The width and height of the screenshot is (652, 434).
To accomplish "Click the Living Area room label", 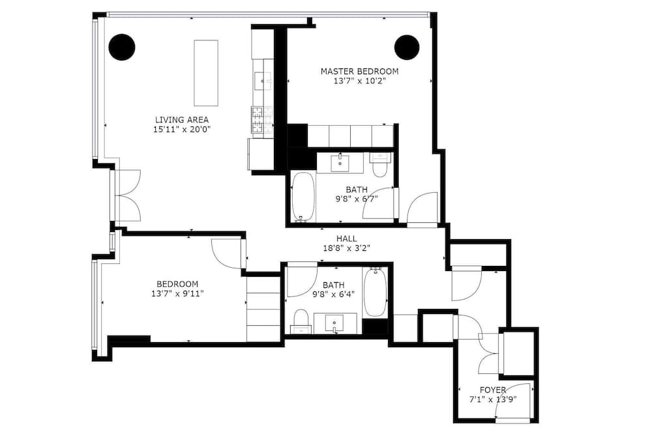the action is pos(182,120).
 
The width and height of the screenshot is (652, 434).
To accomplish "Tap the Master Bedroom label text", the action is pos(359,72).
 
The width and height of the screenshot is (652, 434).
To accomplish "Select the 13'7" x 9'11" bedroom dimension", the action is pos(177,294).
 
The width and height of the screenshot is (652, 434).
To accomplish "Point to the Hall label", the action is pos(346,239).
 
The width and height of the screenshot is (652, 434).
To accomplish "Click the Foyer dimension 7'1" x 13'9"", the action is pos(493,399).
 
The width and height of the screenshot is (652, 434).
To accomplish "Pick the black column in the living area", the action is pos(122,47).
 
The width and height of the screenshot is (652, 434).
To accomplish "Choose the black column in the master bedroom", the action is pos(407,48).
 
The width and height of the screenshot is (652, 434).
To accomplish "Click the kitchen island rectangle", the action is pos(206,73).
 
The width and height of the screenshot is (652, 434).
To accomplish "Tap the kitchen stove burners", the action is pos(262,120).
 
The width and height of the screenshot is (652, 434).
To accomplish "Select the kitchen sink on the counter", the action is pos(262,79).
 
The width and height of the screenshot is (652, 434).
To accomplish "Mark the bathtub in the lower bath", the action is pos(375,292).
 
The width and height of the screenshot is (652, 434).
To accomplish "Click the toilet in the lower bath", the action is pos(301,321).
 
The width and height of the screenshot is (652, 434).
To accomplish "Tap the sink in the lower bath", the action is pos(334,323).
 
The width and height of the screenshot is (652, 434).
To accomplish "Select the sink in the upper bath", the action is pos(340,162).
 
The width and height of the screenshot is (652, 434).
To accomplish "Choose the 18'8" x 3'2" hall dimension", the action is pos(346,248).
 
